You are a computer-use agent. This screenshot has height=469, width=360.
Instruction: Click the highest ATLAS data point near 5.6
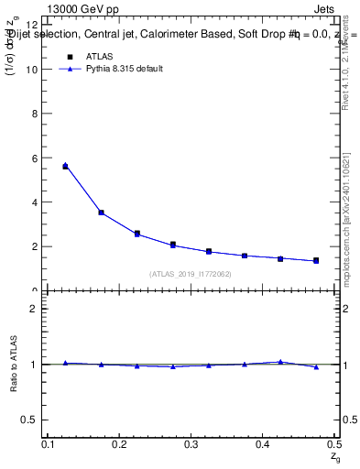[65, 167]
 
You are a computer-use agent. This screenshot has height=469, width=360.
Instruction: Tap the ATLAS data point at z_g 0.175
[101, 213]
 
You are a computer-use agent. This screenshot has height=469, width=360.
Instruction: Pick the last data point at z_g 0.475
[316, 261]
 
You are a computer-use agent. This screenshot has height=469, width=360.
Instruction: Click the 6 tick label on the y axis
[34, 158]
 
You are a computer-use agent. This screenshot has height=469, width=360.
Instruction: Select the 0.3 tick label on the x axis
[191, 444]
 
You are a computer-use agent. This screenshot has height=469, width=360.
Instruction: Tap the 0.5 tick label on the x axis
[333, 444]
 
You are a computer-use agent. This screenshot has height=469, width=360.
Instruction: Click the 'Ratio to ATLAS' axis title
[13, 365]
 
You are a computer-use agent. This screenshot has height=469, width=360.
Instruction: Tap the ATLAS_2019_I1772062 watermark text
[191, 274]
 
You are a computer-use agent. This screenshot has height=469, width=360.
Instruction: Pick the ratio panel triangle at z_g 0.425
[280, 362]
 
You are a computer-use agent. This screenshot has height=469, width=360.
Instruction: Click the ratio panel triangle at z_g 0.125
[65, 363]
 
